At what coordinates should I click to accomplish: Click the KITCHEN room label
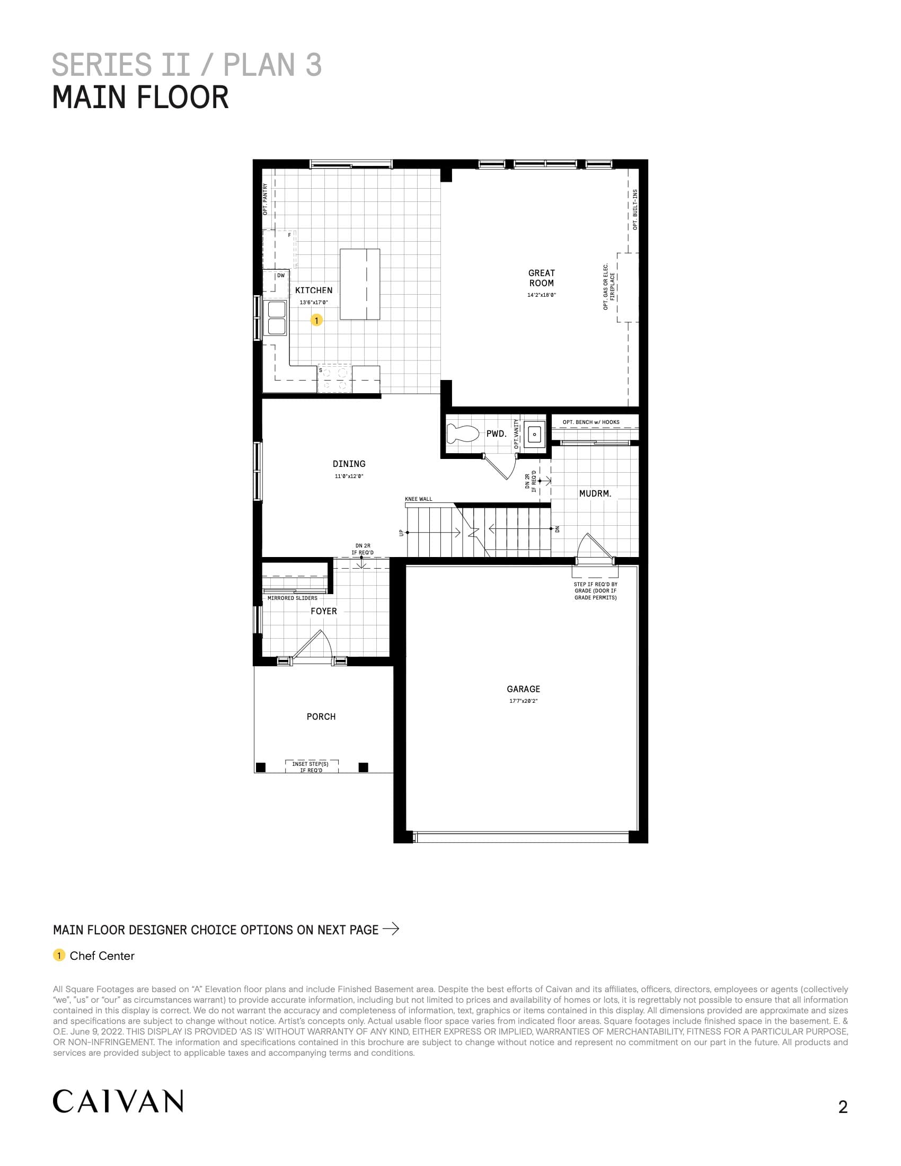[x=313, y=290]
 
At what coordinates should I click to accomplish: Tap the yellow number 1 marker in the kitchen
[x=316, y=320]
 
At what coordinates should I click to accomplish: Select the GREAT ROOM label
[x=541, y=278]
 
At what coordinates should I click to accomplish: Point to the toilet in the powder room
[x=462, y=433]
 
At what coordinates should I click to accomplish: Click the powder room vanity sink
[x=534, y=434]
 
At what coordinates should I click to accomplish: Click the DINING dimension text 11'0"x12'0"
[x=349, y=476]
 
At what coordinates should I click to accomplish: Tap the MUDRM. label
[x=595, y=493]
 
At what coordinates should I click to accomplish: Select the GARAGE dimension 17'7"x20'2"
[x=523, y=701]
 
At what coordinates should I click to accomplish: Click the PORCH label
[x=321, y=717]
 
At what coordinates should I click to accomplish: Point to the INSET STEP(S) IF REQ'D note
[x=311, y=767]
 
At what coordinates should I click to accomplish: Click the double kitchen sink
[x=277, y=317]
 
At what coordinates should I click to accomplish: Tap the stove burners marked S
[x=334, y=378]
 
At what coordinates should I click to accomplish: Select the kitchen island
[x=360, y=284]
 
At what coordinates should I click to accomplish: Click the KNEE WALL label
[x=419, y=499]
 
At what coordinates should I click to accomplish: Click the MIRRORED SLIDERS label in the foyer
[x=292, y=598]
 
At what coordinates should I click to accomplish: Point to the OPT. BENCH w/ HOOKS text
[x=591, y=422]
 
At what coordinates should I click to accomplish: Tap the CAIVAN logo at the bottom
[x=118, y=1101]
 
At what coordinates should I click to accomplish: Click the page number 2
[x=843, y=1107]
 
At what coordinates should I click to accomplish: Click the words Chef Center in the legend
[x=102, y=956]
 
